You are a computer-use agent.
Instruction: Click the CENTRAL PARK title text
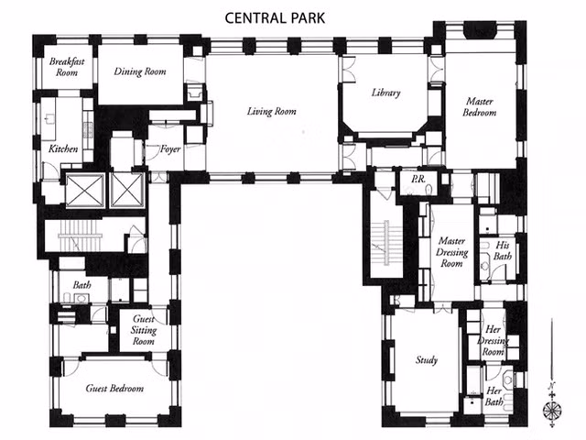[x=275, y=18]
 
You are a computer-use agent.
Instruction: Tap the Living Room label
[x=271, y=111]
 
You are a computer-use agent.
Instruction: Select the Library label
[x=385, y=93]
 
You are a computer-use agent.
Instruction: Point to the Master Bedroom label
[x=480, y=106]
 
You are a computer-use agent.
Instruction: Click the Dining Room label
[x=140, y=71]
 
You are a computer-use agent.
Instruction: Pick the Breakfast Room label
[x=67, y=67]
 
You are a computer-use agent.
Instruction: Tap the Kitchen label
[x=63, y=148]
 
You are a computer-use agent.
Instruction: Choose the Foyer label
[x=170, y=149]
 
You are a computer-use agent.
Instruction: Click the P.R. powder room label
[x=418, y=180]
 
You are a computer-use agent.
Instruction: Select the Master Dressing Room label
[x=451, y=252]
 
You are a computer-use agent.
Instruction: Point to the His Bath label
[x=503, y=250]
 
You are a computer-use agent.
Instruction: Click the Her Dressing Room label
[x=493, y=340]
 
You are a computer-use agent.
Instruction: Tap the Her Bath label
[x=494, y=396]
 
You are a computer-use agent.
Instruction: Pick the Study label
[x=427, y=360]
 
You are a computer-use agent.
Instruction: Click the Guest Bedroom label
[x=114, y=389]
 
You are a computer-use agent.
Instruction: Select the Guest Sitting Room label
[x=144, y=330]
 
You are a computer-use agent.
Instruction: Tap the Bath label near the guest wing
[x=81, y=285]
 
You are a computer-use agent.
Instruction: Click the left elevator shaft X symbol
[x=85, y=190]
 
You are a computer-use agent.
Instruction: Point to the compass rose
[x=552, y=410]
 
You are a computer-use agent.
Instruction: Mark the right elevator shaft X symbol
[x=127, y=190]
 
